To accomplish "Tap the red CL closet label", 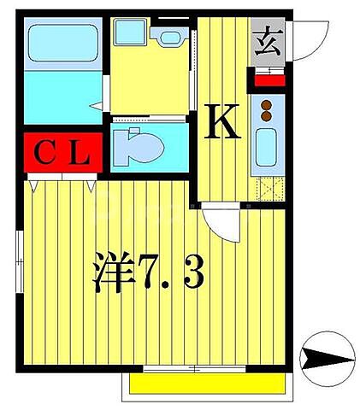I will (64, 155).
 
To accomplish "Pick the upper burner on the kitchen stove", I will (266, 103).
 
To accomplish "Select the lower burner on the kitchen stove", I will (266, 115).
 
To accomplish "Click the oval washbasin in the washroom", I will (168, 37).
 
